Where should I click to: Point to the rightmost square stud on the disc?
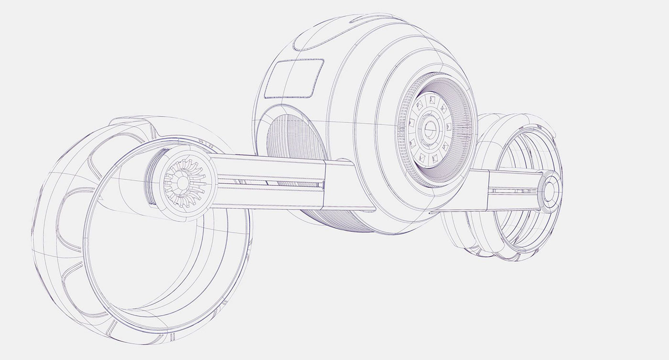coord(449,127)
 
